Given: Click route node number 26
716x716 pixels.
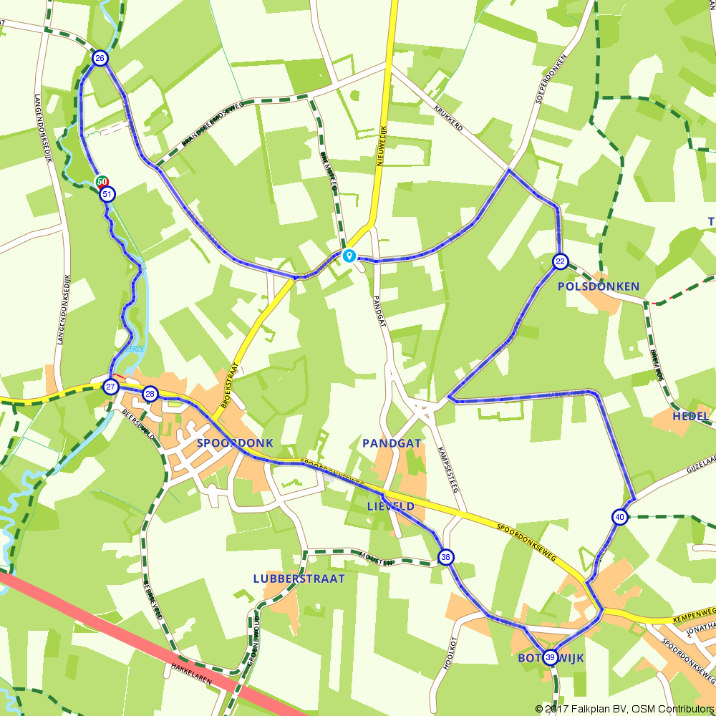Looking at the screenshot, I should tap(100, 59).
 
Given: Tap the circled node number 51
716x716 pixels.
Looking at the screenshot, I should tap(107, 194).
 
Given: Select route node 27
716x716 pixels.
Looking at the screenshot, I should tap(110, 387).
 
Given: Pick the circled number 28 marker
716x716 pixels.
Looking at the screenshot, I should tap(150, 393).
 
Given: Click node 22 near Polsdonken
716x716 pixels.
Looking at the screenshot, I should tap(560, 261).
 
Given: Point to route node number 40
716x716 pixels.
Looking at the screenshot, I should tap(619, 517).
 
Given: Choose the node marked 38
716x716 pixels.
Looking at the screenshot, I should tap(446, 557).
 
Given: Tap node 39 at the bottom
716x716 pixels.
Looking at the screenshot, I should tap(550, 657).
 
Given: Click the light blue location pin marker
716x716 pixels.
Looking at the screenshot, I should tap(349, 255).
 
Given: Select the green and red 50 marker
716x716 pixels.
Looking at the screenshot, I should tap(102, 182).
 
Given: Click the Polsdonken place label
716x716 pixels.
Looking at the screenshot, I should tap(599, 286).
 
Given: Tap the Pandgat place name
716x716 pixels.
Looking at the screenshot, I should tap(392, 443).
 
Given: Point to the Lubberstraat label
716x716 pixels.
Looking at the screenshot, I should tap(299, 578).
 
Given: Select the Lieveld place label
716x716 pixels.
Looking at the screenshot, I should tap(391, 506).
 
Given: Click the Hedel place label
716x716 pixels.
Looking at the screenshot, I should tap(691, 416).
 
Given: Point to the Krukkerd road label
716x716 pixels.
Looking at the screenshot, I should tap(449, 117).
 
